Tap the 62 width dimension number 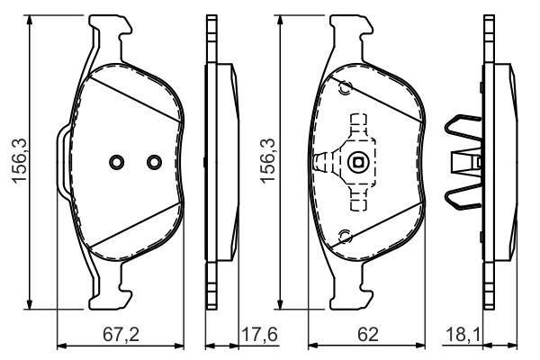[367, 335]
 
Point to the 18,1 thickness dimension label [463, 335]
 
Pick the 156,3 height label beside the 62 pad [266, 162]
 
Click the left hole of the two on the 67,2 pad [116, 162]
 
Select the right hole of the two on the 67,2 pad [152, 162]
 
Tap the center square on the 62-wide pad [358, 163]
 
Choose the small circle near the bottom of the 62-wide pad [344, 236]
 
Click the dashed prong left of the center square [323, 163]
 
